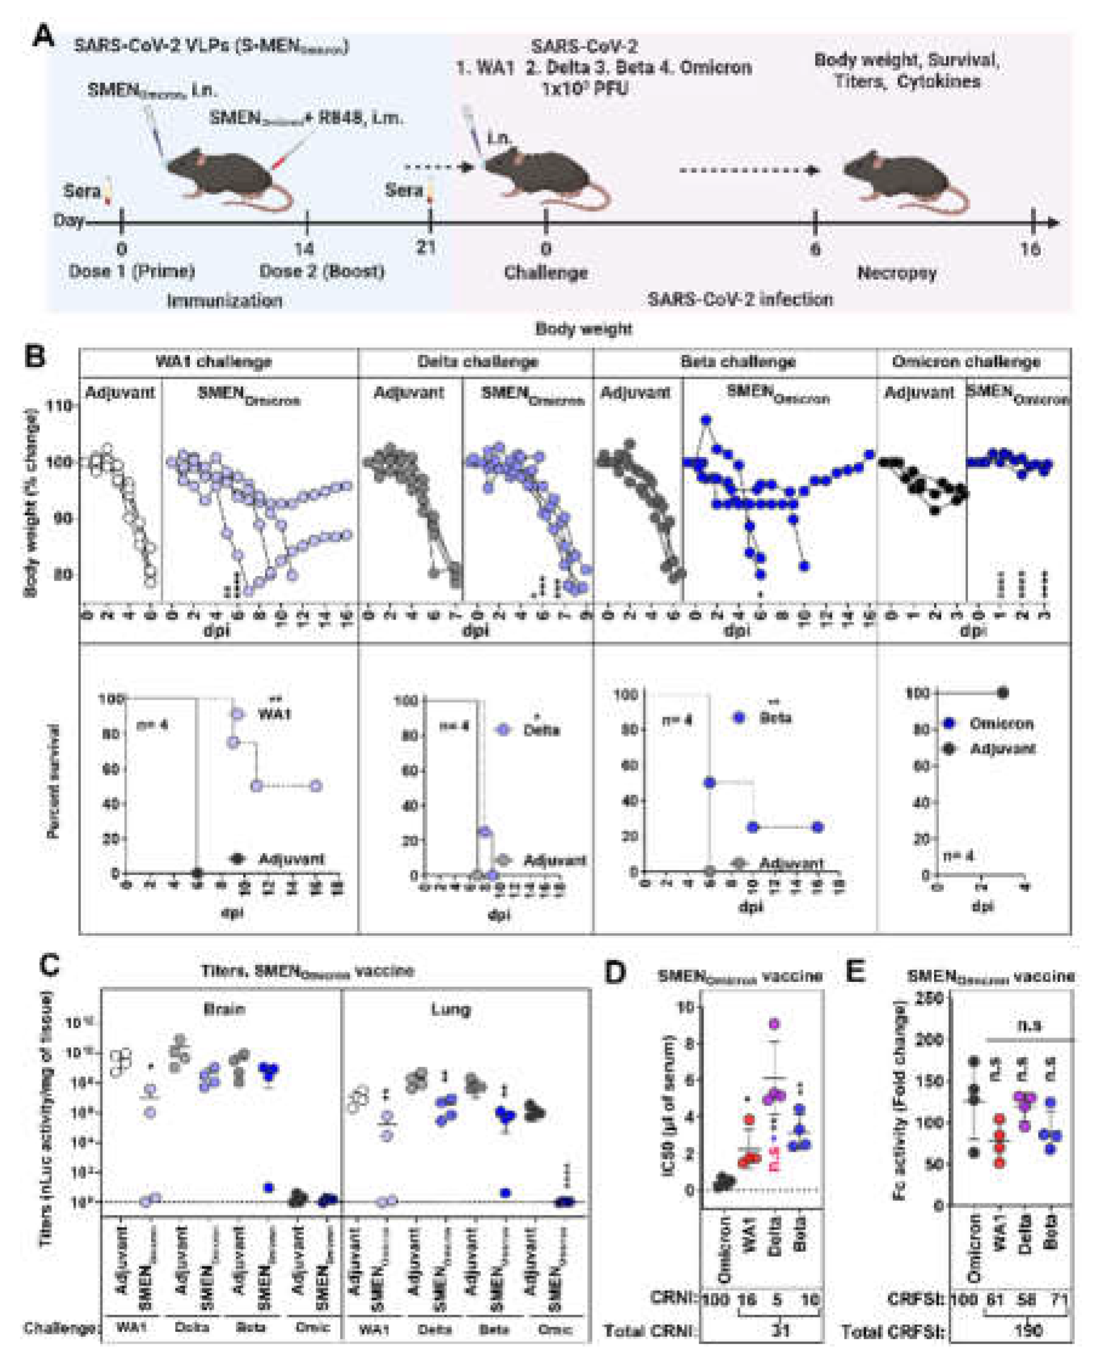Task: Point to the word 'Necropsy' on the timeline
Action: pyautogui.click(x=896, y=273)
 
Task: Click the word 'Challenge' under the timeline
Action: pyautogui.click(x=546, y=273)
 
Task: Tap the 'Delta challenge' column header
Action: pyautogui.click(x=477, y=362)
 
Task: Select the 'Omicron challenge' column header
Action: pyautogui.click(x=966, y=362)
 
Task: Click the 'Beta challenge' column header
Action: pyautogui.click(x=738, y=362)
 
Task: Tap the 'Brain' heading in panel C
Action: pyautogui.click(x=224, y=1009)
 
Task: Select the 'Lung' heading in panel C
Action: pyautogui.click(x=451, y=1009)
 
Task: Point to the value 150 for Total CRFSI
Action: pyautogui.click(x=1028, y=1331)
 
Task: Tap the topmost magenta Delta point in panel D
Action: pyautogui.click(x=774, y=1023)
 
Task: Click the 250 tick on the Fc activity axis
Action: pyautogui.click(x=931, y=998)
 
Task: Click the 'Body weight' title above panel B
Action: pyautogui.click(x=583, y=329)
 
